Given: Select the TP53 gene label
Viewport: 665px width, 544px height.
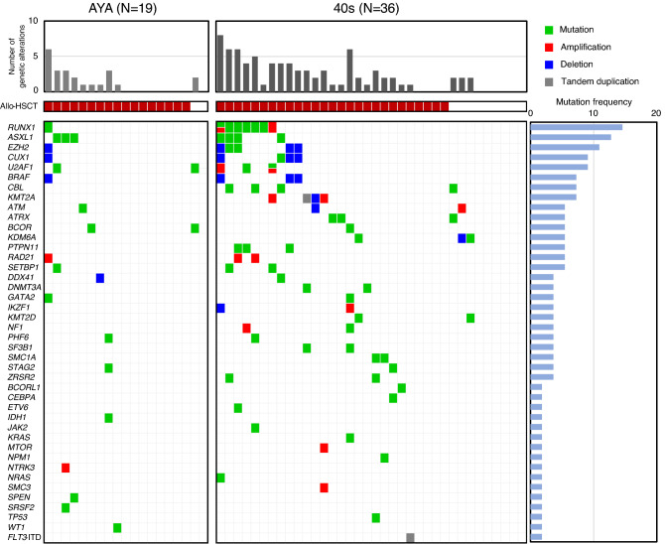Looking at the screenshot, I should pyautogui.click(x=20, y=517).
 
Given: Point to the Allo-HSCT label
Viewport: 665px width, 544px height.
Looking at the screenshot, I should pyautogui.click(x=20, y=106).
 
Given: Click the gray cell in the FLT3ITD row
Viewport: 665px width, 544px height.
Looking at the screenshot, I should pyautogui.click(x=410, y=538).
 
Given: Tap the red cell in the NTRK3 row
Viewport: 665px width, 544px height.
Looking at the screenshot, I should pyautogui.click(x=66, y=467).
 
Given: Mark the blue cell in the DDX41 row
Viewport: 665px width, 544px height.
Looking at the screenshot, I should pyautogui.click(x=100, y=277).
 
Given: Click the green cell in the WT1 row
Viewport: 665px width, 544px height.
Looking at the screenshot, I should pyautogui.click(x=117, y=527).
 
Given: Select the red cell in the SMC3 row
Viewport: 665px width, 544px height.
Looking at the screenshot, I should pyautogui.click(x=325, y=487).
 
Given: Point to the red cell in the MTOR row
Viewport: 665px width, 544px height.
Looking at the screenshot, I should pyautogui.click(x=325, y=447).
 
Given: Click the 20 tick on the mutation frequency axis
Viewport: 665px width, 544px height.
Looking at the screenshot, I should pyautogui.click(x=655, y=112).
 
